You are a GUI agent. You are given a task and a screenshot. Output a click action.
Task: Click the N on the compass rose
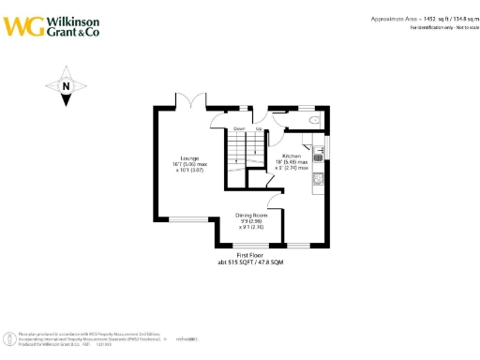[x=67, y=87]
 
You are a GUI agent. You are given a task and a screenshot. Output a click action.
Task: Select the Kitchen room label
[x=291, y=156]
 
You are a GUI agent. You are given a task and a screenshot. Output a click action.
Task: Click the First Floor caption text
[x=248, y=254]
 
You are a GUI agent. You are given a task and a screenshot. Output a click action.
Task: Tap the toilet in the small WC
[x=315, y=120]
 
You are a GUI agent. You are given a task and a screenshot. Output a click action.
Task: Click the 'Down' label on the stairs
[x=239, y=128]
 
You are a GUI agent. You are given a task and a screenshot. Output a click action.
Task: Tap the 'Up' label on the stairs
[x=258, y=128]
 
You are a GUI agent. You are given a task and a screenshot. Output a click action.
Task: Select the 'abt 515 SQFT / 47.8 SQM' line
[x=248, y=262]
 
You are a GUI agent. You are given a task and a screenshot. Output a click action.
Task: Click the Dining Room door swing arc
[x=274, y=202]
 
